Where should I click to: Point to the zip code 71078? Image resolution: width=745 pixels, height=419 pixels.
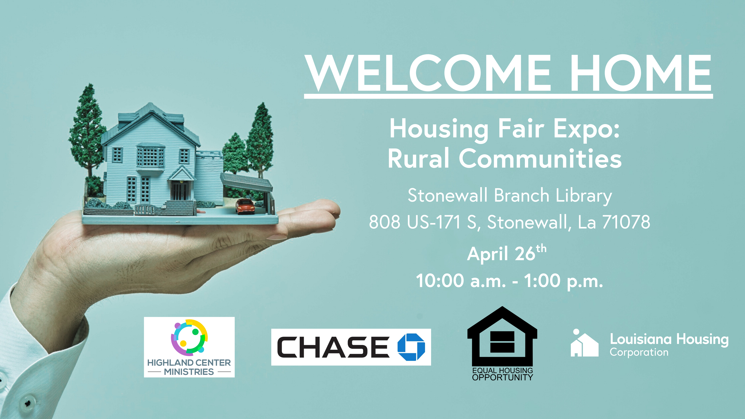(626, 222)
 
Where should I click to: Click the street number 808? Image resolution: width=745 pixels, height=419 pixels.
(385, 222)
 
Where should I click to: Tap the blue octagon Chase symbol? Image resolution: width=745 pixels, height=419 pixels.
(411, 347)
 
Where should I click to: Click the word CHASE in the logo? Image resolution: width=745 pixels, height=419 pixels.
(333, 347)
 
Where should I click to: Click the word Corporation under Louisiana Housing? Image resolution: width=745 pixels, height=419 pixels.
(639, 352)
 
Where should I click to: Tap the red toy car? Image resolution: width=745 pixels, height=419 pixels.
(245, 206)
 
